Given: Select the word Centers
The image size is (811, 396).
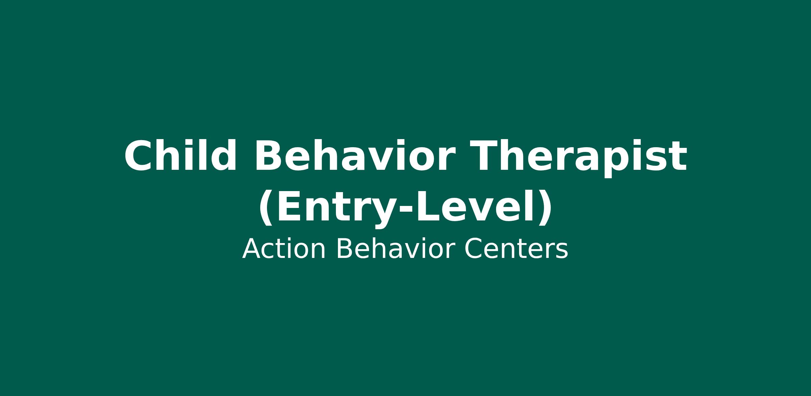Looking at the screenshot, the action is [516, 249].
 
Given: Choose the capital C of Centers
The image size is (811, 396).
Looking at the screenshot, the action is [473, 249].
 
